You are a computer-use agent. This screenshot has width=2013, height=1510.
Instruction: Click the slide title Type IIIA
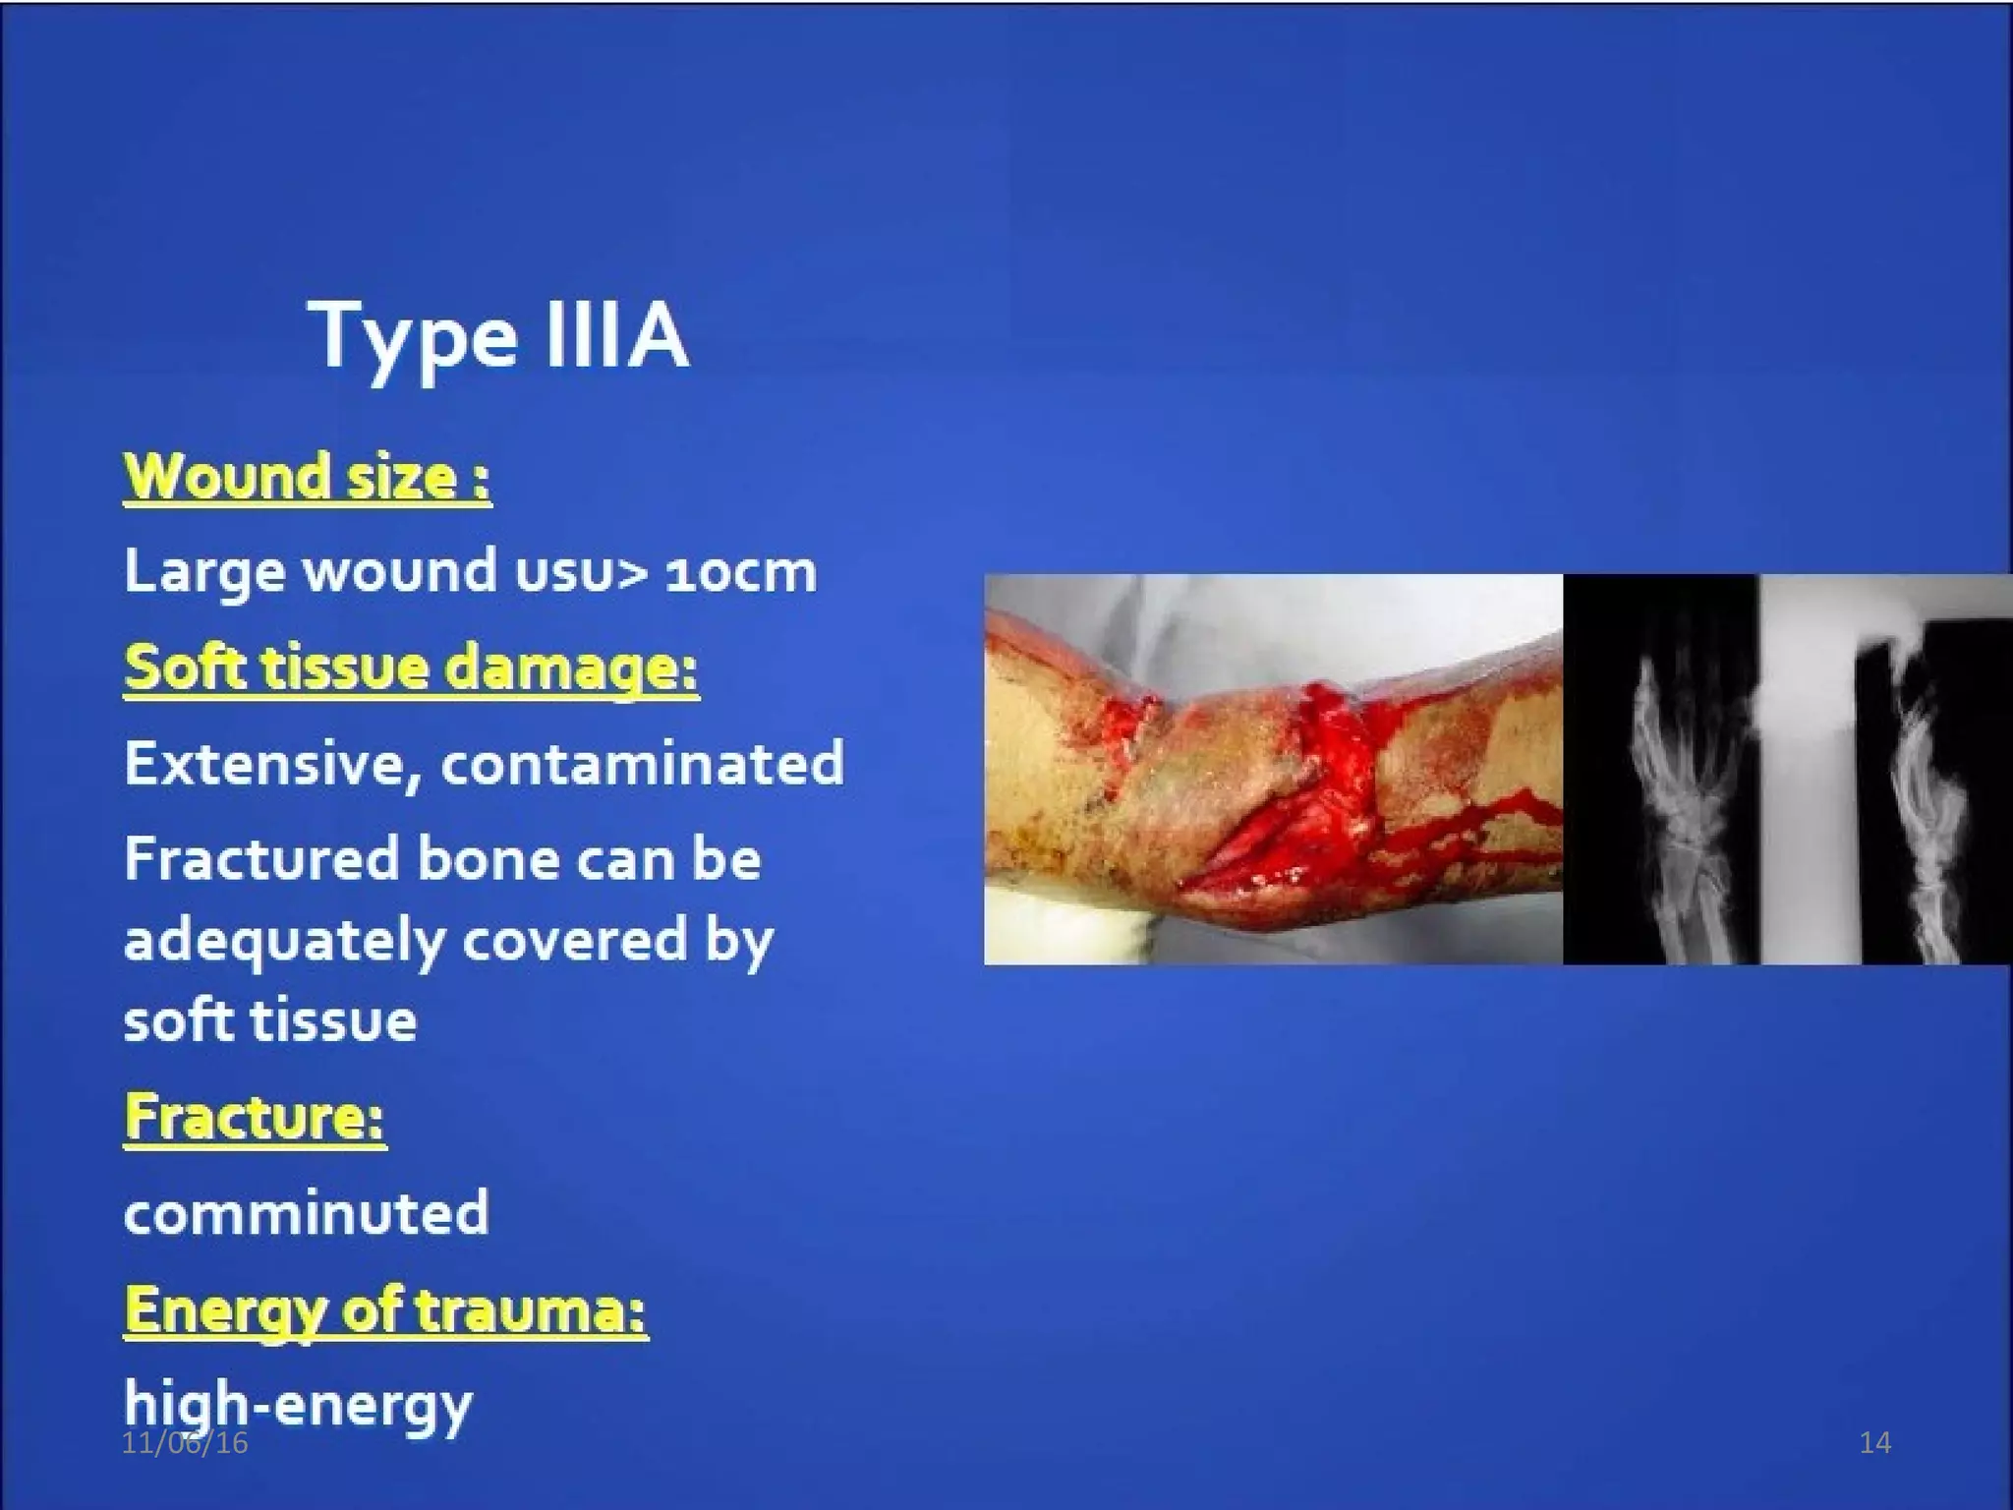coord(498,336)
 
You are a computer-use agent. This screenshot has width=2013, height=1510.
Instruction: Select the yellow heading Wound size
coord(306,478)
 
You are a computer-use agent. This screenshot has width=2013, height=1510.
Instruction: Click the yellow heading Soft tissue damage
coord(411,668)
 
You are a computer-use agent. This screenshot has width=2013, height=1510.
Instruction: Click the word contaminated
coord(642,764)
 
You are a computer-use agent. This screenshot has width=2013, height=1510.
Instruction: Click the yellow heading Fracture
coord(255,1118)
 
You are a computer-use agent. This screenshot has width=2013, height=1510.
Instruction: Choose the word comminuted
coord(306,1212)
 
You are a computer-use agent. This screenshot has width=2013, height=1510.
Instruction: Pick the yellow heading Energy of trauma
coord(385,1310)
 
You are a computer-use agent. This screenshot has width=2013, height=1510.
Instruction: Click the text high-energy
coord(298,1404)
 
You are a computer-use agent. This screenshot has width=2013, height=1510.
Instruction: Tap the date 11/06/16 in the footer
coord(185,1443)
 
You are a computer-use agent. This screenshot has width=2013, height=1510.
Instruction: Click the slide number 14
coord(1875,1443)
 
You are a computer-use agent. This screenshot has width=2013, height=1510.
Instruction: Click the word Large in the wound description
coord(202,572)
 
